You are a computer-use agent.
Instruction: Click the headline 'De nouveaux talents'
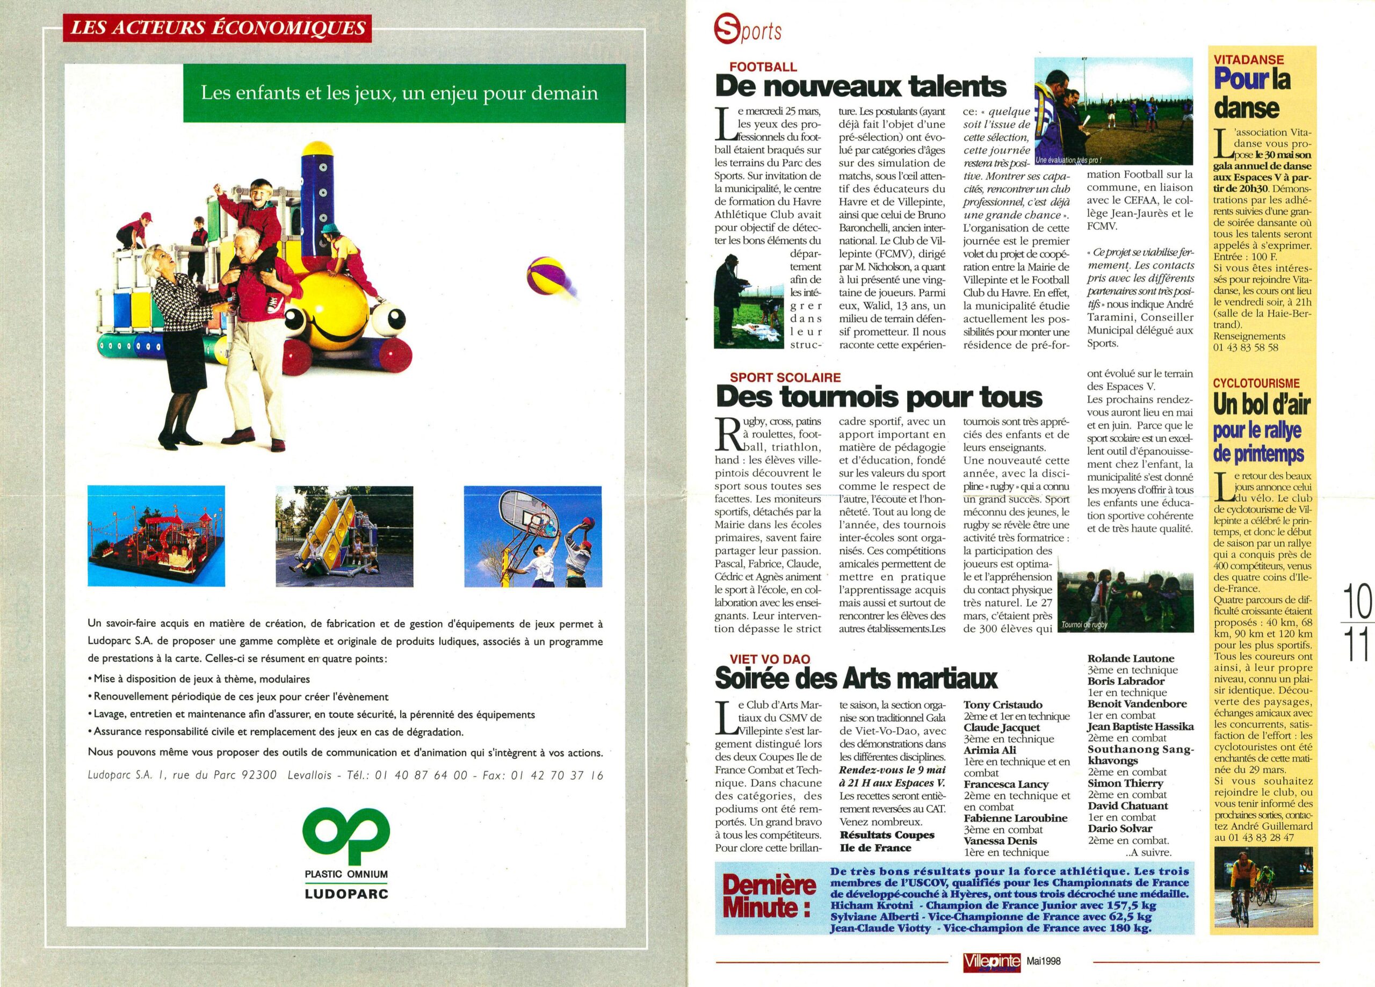pos(860,86)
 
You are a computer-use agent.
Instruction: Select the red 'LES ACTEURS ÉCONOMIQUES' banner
pos(217,28)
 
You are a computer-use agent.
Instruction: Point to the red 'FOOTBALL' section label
pos(763,67)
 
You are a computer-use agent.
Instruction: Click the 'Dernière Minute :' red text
pos(768,897)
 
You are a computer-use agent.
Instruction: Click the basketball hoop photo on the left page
pos(532,536)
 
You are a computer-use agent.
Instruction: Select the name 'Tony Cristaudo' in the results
pos(1003,705)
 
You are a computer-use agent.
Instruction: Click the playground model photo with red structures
pos(156,536)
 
